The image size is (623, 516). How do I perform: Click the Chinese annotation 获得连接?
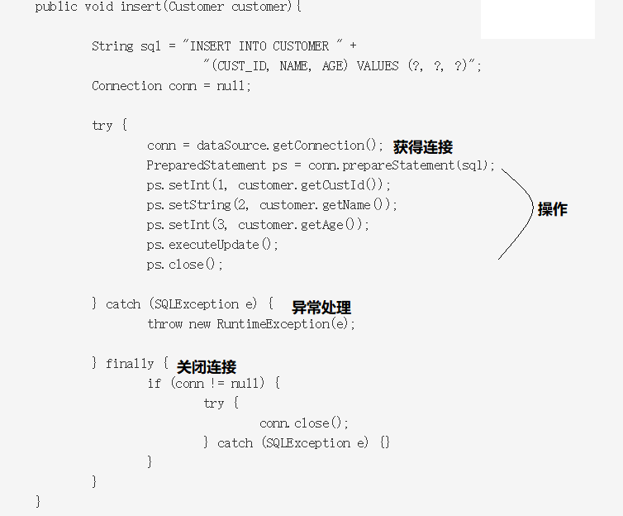tap(422, 147)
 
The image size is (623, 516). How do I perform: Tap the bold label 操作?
tap(552, 209)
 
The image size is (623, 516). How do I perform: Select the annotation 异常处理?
tap(321, 308)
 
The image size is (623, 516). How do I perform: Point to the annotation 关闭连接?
tap(207, 366)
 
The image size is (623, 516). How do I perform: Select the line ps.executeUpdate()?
tap(213, 245)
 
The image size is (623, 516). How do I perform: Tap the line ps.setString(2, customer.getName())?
tap(273, 205)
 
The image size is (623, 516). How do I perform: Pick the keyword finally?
tap(130, 364)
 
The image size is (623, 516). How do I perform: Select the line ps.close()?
tap(185, 265)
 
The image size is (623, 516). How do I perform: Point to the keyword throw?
tap(164, 324)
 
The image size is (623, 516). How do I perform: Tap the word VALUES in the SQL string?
tap(377, 66)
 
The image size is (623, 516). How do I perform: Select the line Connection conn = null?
tap(171, 86)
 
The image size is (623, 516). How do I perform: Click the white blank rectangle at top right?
tap(537, 19)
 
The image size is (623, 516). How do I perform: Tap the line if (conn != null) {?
tap(214, 384)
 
